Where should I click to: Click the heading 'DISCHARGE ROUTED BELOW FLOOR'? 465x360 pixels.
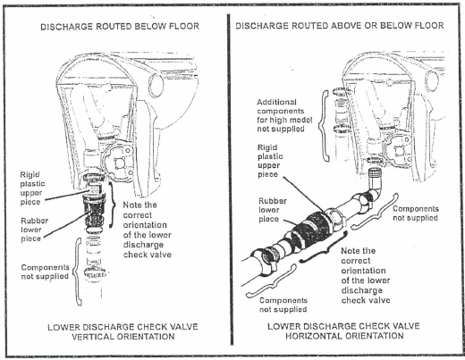(x=120, y=27)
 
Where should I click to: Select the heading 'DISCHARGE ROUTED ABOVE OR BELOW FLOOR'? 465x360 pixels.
(x=340, y=26)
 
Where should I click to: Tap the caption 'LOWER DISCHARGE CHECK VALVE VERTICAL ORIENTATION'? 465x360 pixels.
(x=123, y=331)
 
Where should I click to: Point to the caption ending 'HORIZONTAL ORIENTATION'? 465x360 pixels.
(x=343, y=331)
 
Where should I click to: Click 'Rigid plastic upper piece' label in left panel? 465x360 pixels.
(x=32, y=188)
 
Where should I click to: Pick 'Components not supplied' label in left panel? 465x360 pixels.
(x=45, y=272)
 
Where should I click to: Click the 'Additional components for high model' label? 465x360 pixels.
(x=284, y=115)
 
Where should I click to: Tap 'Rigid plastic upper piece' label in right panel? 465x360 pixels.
(x=270, y=161)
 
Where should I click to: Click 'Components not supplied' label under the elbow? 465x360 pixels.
(x=416, y=213)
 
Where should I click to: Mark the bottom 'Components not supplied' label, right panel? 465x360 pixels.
(x=283, y=305)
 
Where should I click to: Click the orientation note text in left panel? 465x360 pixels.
(x=148, y=230)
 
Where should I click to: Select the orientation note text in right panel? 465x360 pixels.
(x=366, y=275)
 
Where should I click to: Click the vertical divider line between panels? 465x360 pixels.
(x=231, y=180)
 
